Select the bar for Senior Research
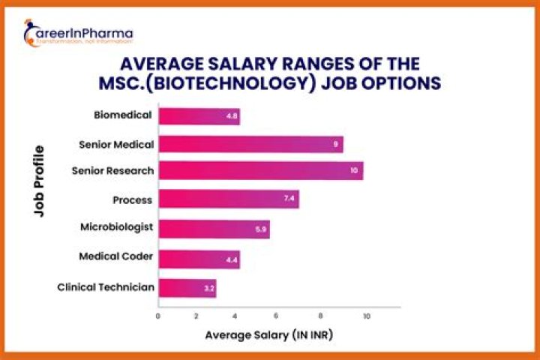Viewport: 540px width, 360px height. (261, 171)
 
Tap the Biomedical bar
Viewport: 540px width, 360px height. (199, 116)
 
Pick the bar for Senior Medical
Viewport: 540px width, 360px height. (250, 143)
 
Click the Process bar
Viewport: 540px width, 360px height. (229, 199)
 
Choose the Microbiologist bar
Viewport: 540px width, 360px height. (214, 229)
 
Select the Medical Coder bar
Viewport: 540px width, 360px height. (199, 258)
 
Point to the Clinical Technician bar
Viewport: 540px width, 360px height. (187, 287)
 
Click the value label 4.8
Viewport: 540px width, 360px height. (232, 116)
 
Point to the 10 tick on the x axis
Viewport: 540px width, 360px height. (367, 316)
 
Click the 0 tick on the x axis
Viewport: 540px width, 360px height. (158, 316)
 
